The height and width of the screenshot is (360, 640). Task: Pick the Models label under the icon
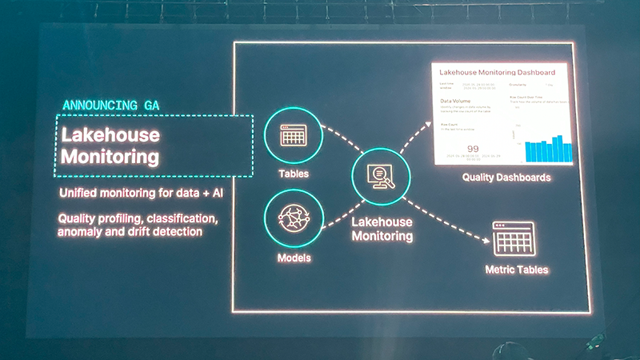pos(294,258)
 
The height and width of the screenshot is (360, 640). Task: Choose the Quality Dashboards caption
pos(506,178)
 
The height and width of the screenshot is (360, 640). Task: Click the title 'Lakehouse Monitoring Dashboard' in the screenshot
pos(500,73)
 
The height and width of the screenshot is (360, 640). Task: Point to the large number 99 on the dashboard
pos(473,149)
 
